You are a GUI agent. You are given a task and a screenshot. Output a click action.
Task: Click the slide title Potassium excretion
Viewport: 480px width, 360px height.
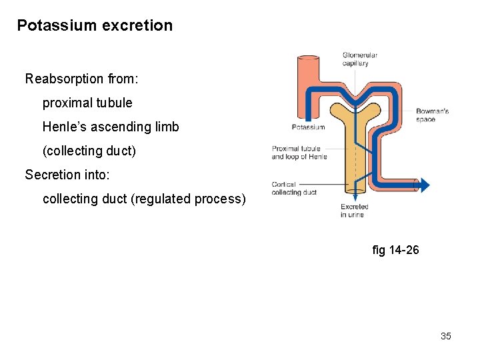[x=95, y=26]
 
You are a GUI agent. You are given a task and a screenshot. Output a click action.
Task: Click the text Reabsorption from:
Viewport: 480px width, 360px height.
[x=81, y=79]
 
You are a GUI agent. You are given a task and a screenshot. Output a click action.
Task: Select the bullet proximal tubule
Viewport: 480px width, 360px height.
[x=87, y=103]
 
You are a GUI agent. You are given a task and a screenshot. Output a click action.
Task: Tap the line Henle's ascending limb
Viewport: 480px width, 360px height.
[x=111, y=127]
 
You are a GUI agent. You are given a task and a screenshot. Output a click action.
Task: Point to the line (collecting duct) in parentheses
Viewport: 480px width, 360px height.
[x=89, y=151]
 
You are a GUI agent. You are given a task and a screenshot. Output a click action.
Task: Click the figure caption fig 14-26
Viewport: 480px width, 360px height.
[x=396, y=250]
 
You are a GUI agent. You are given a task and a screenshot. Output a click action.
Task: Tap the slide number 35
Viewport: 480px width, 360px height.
[x=445, y=336]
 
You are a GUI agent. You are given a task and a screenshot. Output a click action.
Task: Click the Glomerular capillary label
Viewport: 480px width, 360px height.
[x=359, y=59]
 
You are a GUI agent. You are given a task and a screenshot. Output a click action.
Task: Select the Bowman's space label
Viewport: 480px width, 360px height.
[x=432, y=115]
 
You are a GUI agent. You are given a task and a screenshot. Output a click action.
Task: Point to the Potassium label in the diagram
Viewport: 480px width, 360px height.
[x=308, y=127]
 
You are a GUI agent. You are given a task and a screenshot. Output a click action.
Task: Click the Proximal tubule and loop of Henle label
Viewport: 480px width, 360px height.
[x=299, y=153]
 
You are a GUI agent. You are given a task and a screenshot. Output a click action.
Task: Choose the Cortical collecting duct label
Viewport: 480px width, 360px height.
[x=293, y=189]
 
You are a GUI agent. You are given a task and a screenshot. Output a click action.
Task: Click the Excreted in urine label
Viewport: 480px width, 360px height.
[x=355, y=211]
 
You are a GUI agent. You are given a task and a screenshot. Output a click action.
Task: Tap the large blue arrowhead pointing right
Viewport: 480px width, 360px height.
[x=424, y=185]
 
